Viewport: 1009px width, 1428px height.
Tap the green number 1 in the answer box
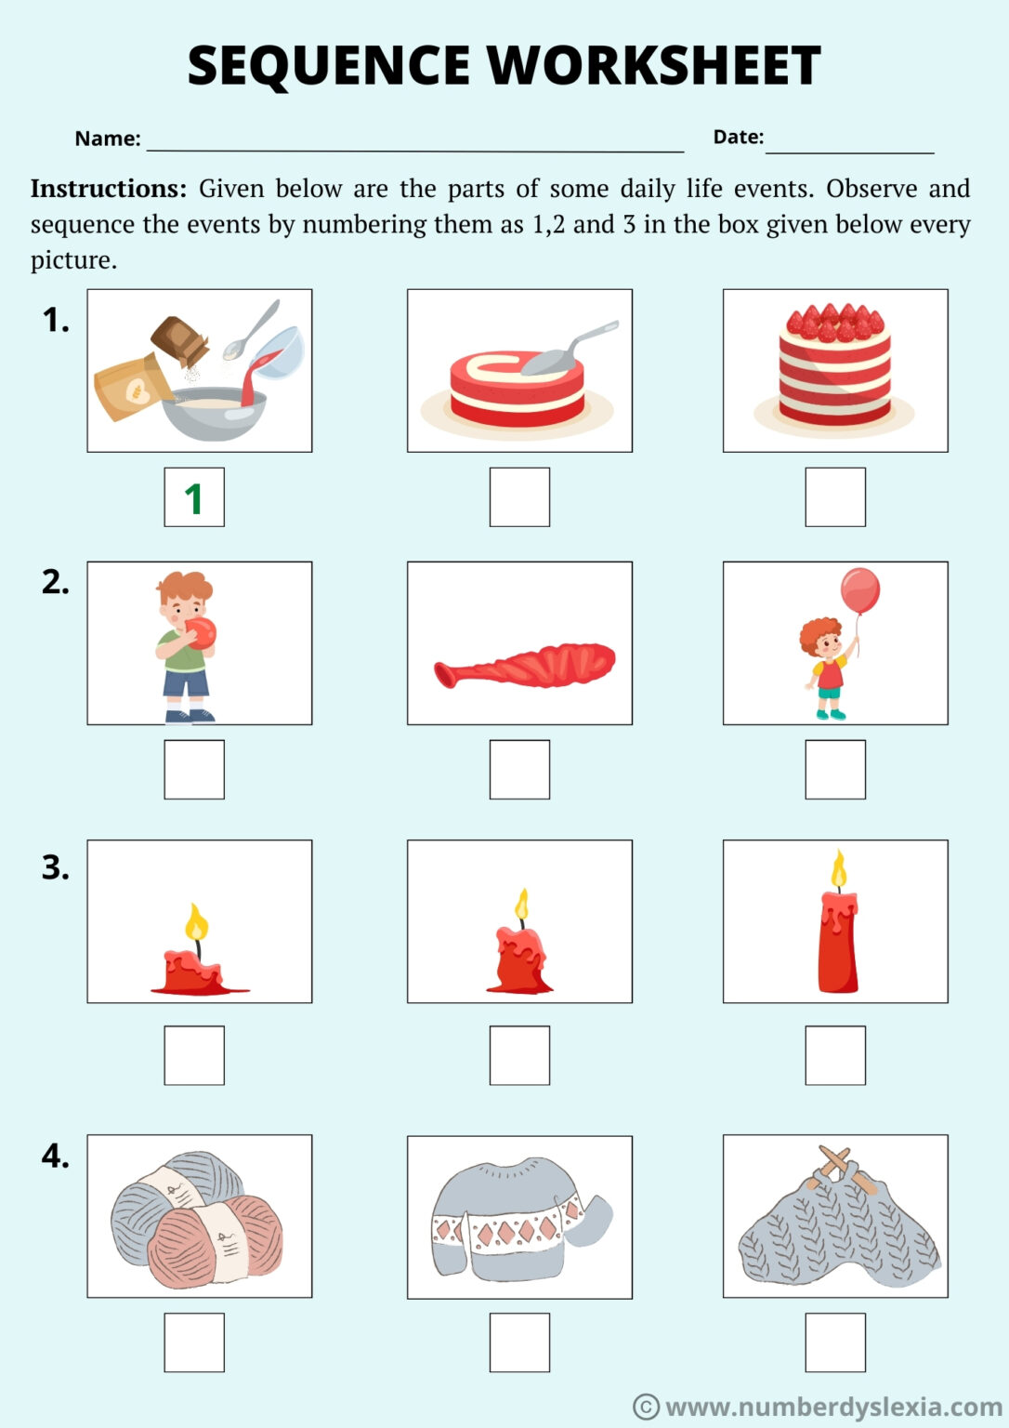click(x=193, y=499)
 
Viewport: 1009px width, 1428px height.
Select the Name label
click(x=107, y=139)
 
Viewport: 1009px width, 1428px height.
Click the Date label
click(x=738, y=137)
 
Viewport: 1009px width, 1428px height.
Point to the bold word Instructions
click(x=109, y=189)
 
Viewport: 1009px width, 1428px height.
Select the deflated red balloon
click(x=525, y=664)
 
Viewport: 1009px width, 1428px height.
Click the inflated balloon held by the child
click(x=859, y=590)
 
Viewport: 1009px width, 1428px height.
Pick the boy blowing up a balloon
click(x=186, y=644)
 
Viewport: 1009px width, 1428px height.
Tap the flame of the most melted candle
click(x=196, y=923)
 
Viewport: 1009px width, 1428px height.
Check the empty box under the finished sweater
click(x=519, y=1342)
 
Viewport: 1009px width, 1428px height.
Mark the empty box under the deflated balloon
click(x=519, y=769)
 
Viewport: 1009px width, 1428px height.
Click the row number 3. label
click(x=56, y=867)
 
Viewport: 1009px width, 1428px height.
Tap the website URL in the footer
click(x=832, y=1407)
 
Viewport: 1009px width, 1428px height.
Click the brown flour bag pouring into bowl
click(x=133, y=387)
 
